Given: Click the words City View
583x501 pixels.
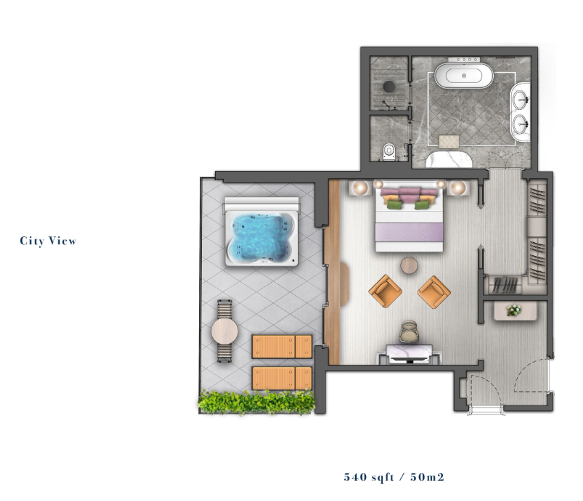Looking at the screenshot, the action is pyautogui.click(x=48, y=241).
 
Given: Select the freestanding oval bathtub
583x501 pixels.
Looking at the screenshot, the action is pyautogui.click(x=464, y=75).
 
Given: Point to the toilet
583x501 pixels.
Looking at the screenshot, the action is pyautogui.click(x=389, y=152).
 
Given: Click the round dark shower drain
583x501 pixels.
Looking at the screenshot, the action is pyautogui.click(x=389, y=86).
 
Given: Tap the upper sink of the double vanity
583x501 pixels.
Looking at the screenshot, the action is pyautogui.click(x=522, y=100).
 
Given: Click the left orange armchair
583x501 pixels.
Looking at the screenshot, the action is pyautogui.click(x=385, y=291).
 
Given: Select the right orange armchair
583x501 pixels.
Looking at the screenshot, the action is pyautogui.click(x=434, y=292).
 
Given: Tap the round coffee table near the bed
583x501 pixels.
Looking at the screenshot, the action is pyautogui.click(x=409, y=266).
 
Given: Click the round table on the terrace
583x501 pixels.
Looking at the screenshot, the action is pyautogui.click(x=225, y=331).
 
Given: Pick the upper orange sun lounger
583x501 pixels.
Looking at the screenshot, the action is pyautogui.click(x=282, y=347).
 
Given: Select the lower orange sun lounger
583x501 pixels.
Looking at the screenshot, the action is pyautogui.click(x=282, y=378).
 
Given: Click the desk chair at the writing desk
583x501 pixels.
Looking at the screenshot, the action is pyautogui.click(x=409, y=331).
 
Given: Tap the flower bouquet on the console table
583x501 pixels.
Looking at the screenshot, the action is pyautogui.click(x=514, y=310).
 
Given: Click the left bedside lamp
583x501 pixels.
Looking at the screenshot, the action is pyautogui.click(x=361, y=187).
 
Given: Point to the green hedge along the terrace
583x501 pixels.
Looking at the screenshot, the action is pyautogui.click(x=257, y=401).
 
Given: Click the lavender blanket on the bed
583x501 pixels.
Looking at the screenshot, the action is pyautogui.click(x=409, y=232).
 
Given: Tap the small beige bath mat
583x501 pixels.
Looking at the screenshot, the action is pyautogui.click(x=449, y=141).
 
